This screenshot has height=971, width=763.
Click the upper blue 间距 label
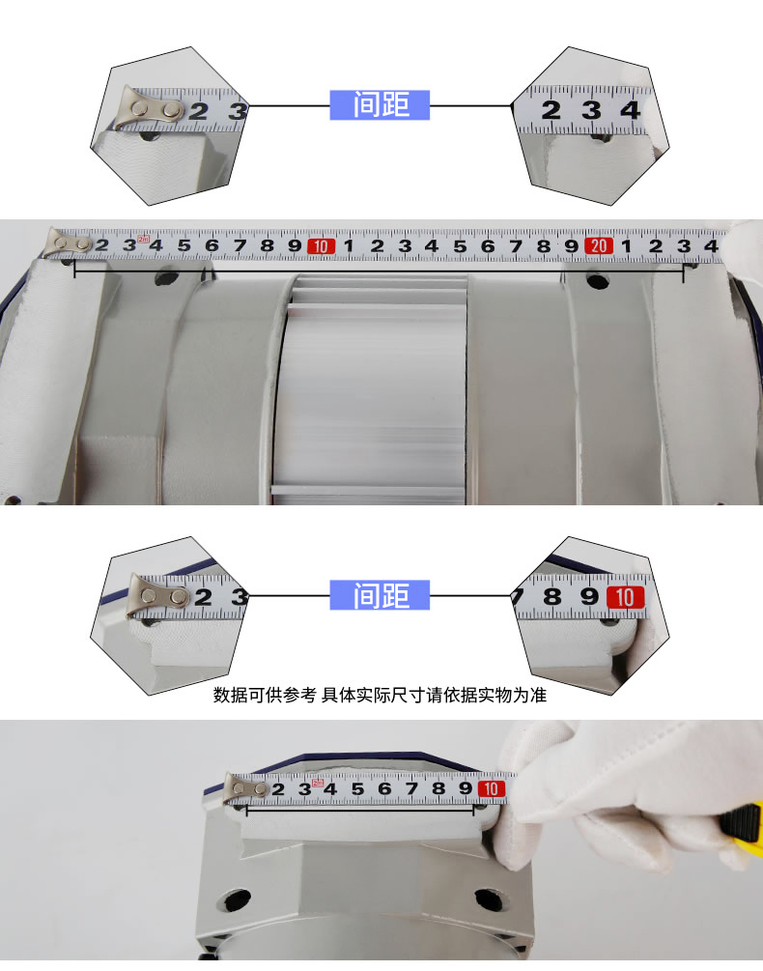pos(380,104)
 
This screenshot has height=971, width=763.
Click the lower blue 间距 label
pos(380,595)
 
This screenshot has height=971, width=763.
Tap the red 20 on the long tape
pos(599,245)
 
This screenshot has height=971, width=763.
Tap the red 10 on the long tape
pos(321,246)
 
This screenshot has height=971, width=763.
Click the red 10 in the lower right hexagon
pos(625,597)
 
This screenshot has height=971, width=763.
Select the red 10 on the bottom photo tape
pos(492,788)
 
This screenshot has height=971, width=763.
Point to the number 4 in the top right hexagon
pos(630,110)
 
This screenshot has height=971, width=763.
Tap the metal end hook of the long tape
pos(67,243)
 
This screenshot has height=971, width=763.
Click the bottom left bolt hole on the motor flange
pos(237,900)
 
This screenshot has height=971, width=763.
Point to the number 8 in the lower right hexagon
pos(552,596)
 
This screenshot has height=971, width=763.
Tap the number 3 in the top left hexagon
pos(238,111)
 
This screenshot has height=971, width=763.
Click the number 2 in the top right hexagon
pos(551,110)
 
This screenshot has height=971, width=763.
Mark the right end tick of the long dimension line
pos(683,271)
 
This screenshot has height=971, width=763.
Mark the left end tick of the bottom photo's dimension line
pos(246,810)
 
